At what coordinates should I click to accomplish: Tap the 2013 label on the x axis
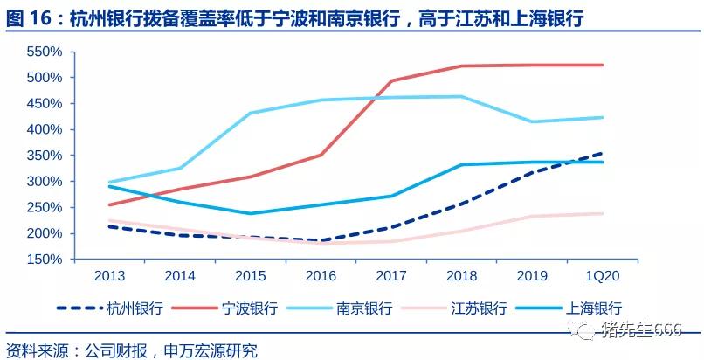click(109, 275)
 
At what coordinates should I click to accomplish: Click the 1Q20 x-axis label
click(603, 275)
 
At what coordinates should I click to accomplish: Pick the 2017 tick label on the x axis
click(391, 275)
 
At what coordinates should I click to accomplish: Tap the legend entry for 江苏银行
click(480, 308)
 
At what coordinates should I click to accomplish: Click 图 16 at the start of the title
click(29, 17)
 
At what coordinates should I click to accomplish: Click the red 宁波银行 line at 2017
click(391, 81)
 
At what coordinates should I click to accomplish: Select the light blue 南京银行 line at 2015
click(251, 114)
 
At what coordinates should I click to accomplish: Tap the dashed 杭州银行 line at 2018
click(461, 204)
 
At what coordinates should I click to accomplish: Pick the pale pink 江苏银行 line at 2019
click(532, 217)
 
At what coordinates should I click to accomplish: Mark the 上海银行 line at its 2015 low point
click(251, 213)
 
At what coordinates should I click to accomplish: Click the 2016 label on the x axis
click(321, 275)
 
